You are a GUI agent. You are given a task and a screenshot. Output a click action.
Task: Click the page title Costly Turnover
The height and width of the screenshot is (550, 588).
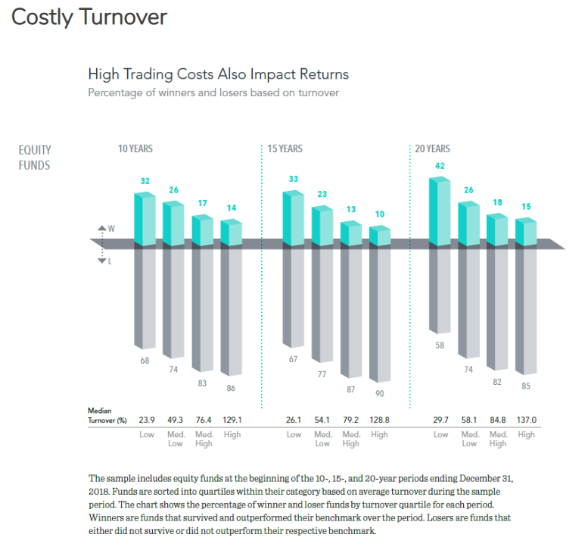point(89,17)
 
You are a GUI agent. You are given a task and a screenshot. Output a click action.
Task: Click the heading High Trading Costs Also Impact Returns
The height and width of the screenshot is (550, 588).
point(218,74)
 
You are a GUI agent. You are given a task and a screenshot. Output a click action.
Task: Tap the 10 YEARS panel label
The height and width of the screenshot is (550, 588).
point(135,148)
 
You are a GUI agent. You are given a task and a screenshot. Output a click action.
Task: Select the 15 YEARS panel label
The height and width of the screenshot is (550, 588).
point(285,148)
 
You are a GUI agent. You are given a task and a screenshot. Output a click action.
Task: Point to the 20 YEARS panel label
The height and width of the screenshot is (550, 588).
point(432,148)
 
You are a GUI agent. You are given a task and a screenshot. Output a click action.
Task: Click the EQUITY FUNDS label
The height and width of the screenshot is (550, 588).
point(35,158)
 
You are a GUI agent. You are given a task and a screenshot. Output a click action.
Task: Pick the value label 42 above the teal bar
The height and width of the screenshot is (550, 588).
point(440,165)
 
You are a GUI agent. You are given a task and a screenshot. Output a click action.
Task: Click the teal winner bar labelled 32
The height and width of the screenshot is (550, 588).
point(145,219)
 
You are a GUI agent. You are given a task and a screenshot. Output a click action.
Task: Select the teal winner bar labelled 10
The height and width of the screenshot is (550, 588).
point(380,235)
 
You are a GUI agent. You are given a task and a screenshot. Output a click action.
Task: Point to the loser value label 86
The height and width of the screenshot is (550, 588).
point(231,388)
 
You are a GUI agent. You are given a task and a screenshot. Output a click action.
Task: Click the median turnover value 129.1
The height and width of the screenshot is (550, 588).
point(231,419)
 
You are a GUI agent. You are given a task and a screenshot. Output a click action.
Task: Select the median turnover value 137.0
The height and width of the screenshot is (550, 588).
point(527,419)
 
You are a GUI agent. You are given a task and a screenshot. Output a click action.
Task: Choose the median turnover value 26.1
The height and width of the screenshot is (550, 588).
point(294,419)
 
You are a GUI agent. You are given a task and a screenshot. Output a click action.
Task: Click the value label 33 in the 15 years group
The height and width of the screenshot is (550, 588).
point(294,180)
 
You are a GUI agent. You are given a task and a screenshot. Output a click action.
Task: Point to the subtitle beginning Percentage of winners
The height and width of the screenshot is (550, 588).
point(213,92)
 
